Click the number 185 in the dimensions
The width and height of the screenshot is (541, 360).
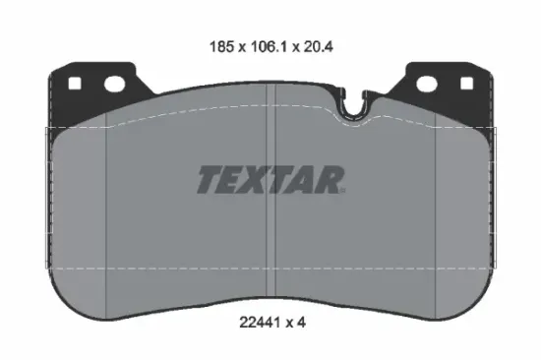point(222,46)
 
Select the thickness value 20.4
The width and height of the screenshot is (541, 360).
point(318,46)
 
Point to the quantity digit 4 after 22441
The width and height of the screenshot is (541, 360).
point(301,323)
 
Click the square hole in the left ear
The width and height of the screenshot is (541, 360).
point(75,84)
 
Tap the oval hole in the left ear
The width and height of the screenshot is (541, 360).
point(115,84)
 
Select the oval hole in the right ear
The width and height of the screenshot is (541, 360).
point(427,84)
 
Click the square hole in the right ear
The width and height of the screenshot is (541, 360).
point(466,84)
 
